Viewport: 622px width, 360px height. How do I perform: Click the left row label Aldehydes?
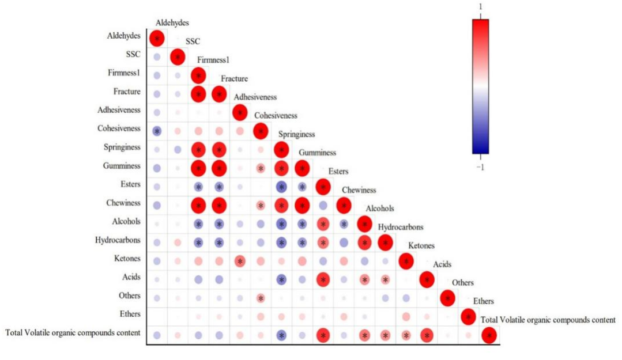point(123,36)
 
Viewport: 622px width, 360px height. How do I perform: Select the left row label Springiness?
point(123,147)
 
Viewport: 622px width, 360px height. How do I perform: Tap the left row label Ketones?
point(127,259)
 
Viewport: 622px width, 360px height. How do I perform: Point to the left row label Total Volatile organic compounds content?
point(73,333)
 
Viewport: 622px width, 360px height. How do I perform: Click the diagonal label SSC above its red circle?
point(193,42)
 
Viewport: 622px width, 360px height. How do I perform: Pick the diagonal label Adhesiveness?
point(255,97)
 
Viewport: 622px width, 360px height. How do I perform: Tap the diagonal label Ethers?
point(483,301)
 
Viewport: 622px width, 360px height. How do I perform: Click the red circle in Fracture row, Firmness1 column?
point(198,94)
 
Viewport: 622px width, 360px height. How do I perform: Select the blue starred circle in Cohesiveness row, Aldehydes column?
point(157,131)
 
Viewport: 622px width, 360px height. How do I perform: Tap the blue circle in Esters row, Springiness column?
point(281,187)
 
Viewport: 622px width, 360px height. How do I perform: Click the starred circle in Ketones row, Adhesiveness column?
point(240,261)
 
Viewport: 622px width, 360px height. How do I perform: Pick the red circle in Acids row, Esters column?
point(323,279)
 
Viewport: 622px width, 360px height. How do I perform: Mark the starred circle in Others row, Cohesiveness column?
point(261,298)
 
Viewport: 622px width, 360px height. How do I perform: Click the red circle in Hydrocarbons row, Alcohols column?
point(364,242)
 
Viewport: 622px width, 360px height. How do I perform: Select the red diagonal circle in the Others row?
point(447,298)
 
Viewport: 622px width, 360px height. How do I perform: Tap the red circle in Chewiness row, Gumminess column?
point(302,205)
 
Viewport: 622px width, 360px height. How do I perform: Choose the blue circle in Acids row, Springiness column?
point(281,279)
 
